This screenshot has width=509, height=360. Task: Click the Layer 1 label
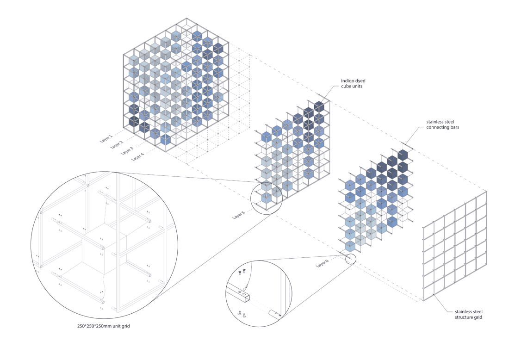tap(106, 139)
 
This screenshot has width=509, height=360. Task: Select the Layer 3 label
tap(127, 151)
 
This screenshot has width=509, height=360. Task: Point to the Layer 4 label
tap(137, 157)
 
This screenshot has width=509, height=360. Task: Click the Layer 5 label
tap(238, 215)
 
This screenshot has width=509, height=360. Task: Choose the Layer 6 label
tap(322, 263)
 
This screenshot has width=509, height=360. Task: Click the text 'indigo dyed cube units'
tap(353, 83)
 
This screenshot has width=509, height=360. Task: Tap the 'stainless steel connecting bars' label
tap(442, 124)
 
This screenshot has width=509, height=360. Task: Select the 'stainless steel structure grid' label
tap(468, 315)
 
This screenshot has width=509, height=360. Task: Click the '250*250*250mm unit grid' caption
tap(103, 326)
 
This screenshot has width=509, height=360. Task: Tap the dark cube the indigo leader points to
tap(319, 106)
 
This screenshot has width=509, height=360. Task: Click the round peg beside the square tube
tap(274, 314)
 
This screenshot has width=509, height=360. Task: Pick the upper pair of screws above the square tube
tap(242, 271)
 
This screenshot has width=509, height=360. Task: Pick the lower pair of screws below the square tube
tap(242, 314)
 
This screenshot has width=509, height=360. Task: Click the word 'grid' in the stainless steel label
tap(478, 317)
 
